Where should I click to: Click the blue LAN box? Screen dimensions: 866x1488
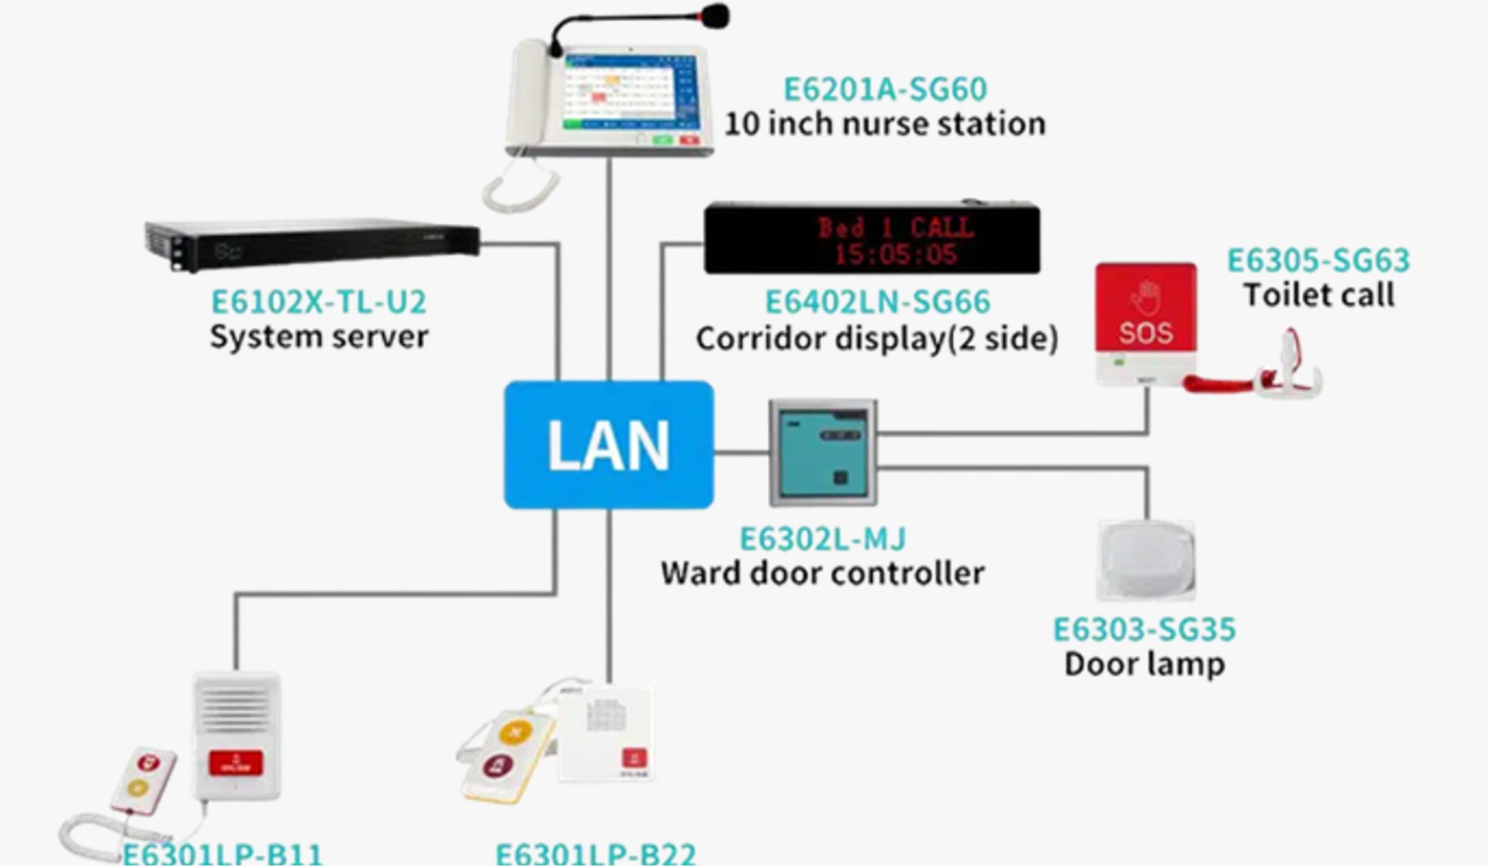[608, 445]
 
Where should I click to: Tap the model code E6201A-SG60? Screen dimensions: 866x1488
[884, 89]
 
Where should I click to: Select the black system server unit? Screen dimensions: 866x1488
[312, 244]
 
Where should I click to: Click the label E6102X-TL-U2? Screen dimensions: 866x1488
[318, 302]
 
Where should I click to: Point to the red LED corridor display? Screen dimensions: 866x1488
[871, 239]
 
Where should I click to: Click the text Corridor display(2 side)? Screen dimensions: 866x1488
[876, 338]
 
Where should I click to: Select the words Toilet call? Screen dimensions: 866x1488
[1318, 295]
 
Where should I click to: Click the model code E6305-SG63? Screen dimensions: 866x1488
[1318, 260]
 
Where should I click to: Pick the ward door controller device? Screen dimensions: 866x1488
[822, 453]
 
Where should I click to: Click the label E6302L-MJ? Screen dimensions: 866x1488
[822, 540]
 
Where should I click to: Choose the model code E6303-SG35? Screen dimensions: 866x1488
[1144, 630]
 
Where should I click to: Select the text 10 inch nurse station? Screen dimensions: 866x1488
[884, 124]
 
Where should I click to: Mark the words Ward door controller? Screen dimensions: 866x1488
[822, 573]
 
